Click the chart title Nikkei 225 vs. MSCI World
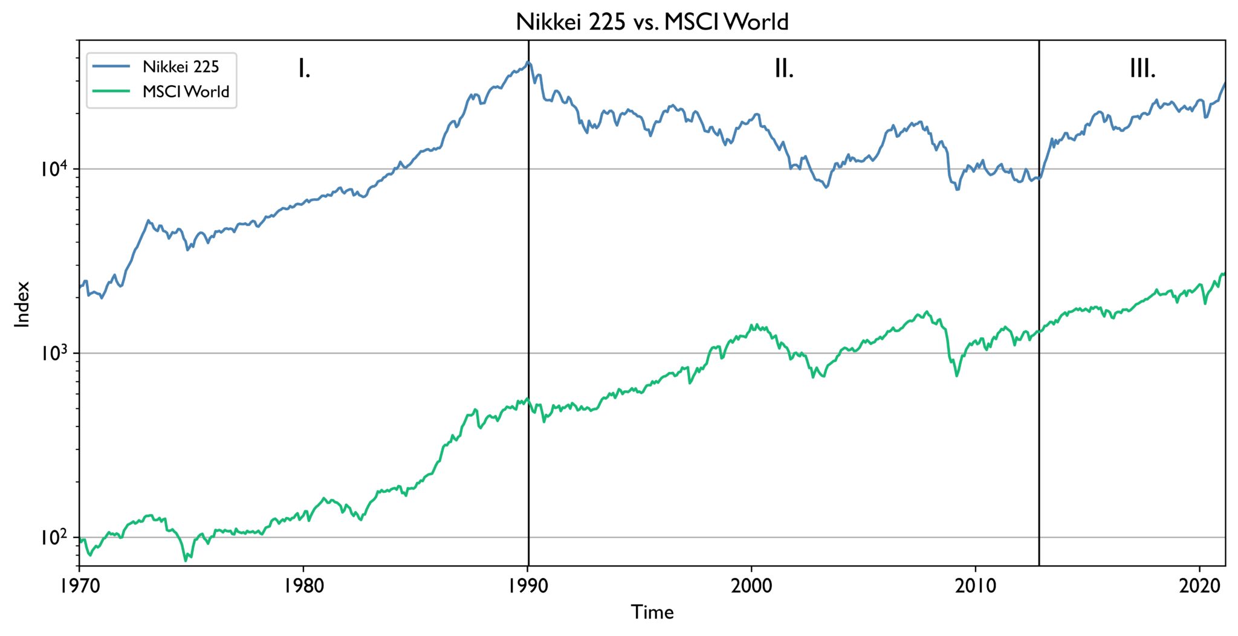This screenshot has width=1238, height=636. (652, 22)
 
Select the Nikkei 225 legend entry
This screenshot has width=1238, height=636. (180, 66)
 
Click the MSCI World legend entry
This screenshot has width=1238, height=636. (186, 92)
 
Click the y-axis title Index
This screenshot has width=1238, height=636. (22, 304)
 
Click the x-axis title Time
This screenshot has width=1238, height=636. (652, 612)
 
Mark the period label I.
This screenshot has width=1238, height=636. (304, 69)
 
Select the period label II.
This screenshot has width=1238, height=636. (784, 69)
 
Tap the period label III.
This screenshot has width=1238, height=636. (1142, 69)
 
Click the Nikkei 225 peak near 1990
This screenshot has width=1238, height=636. (528, 62)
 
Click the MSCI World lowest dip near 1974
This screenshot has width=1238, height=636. (186, 561)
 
